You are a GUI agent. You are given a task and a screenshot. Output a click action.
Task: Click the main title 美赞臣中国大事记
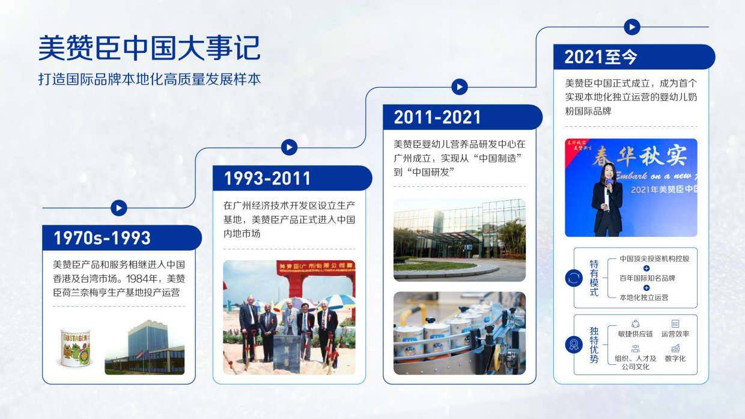149,48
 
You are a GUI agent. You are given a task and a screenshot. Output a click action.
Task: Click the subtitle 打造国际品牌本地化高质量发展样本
150,79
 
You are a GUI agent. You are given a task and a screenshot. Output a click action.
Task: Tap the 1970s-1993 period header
102,239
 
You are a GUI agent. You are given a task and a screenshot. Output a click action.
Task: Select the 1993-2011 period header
267,179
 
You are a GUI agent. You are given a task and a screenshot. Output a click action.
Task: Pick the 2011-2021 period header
437,117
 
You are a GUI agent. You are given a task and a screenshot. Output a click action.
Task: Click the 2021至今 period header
601,57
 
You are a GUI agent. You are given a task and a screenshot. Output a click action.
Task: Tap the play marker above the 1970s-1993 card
119,208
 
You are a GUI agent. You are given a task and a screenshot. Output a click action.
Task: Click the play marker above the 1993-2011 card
289,147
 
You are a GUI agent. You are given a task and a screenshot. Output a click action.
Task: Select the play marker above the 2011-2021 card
460,87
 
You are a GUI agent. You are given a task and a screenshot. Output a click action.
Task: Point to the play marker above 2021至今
631,27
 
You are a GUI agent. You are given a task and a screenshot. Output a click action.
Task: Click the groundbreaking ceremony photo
289,317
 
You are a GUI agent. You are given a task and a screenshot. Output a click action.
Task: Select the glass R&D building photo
460,240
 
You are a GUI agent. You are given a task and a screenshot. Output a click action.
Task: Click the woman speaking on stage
607,198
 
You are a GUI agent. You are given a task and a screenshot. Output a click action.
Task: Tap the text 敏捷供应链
635,334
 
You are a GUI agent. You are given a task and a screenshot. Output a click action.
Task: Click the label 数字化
675,358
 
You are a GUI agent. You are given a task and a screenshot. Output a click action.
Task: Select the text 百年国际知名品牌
647,278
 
